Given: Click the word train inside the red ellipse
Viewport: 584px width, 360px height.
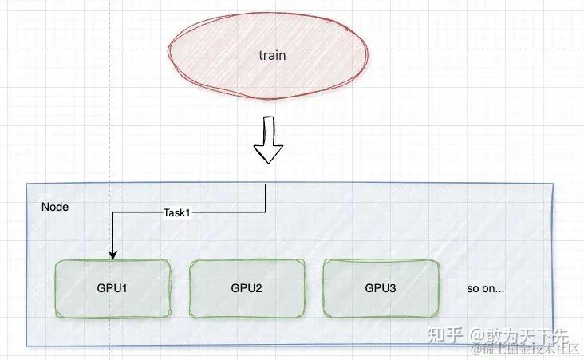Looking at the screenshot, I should [272, 56].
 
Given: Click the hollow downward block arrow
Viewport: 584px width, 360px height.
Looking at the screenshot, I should [267, 140].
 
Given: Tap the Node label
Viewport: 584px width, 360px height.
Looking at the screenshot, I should [54, 207].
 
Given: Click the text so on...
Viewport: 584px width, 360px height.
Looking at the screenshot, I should [485, 289].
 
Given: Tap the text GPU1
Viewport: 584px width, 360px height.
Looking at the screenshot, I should [112, 288].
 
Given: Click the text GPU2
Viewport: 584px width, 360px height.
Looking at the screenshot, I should [247, 288].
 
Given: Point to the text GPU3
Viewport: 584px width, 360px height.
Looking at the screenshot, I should [381, 288].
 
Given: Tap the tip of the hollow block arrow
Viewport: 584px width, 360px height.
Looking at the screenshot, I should [267, 162].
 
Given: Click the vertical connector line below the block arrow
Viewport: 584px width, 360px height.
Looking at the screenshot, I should [265, 198].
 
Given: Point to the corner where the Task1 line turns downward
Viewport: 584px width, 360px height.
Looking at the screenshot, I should [113, 213].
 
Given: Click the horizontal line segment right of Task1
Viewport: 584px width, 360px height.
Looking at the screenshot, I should [231, 213].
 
